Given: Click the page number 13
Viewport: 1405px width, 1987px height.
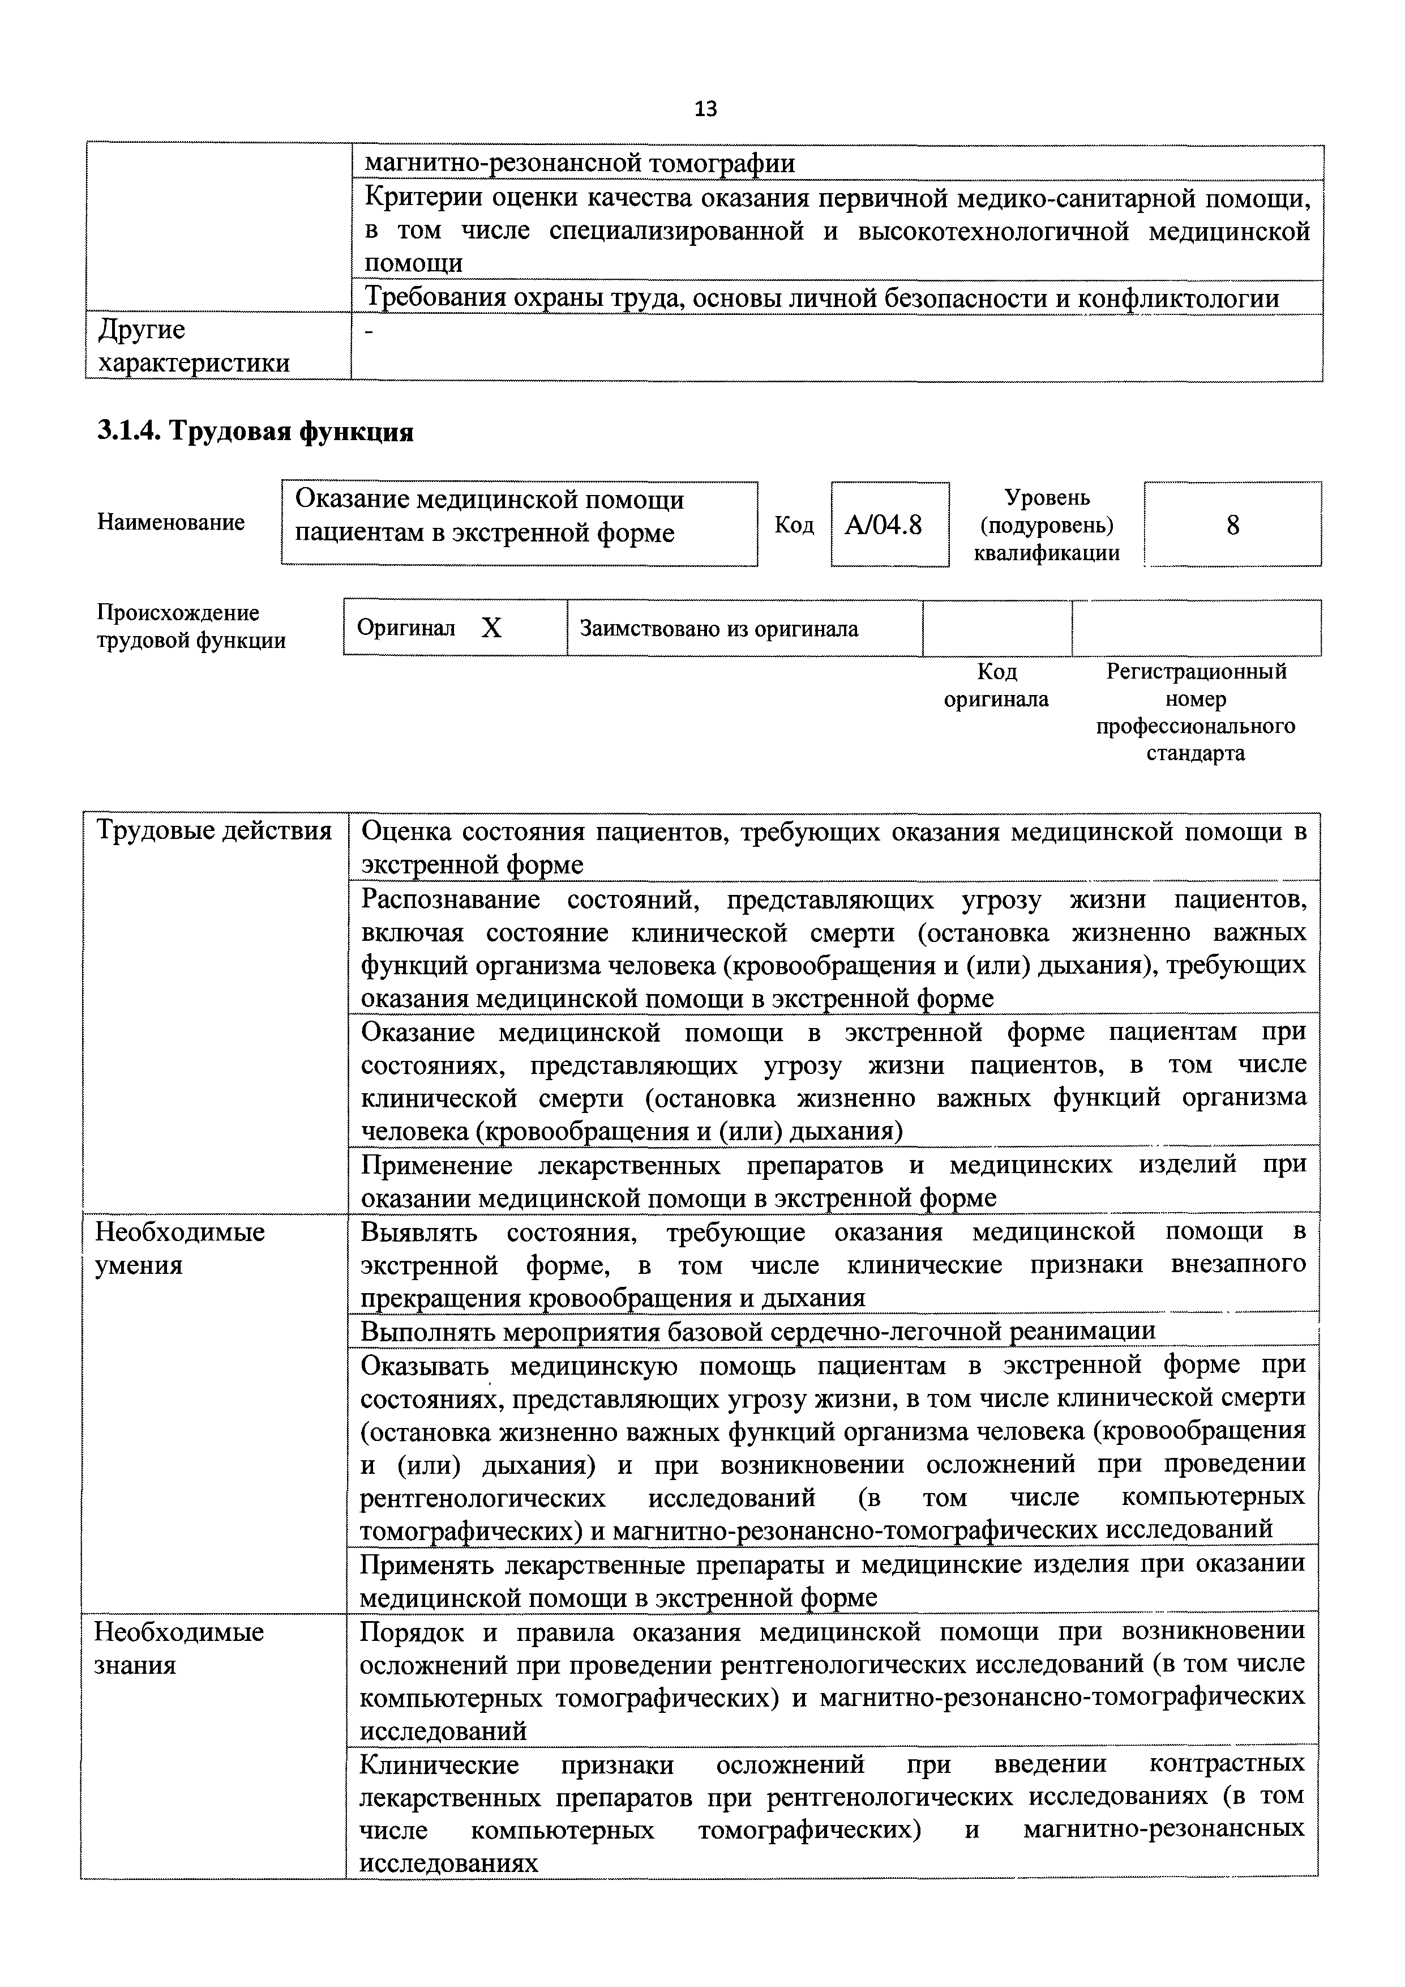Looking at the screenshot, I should pos(705,109).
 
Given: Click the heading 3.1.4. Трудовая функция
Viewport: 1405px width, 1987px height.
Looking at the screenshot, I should pos(255,431).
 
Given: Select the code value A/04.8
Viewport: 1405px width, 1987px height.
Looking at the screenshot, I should pos(883,525).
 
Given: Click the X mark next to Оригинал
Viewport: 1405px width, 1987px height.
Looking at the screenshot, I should pos(491,628).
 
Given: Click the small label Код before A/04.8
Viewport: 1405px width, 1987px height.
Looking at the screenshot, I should pos(793,525).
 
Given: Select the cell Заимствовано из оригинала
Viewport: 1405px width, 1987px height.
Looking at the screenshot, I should pos(718,628).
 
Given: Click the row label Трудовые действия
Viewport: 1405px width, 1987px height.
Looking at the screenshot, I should pos(213,831).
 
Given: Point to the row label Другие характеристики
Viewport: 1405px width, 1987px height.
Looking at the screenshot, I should pos(194,346).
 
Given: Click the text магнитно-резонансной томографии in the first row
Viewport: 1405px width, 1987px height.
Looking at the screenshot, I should pos(579,163).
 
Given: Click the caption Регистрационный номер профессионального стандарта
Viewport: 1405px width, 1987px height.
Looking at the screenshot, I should pos(1195,711).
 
